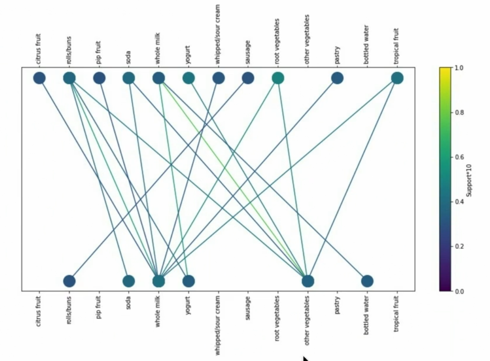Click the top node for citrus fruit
coord(39,78)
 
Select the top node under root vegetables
coord(278,78)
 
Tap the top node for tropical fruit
coord(397,78)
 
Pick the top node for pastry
coord(337,78)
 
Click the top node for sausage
coord(248,78)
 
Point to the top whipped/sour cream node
coord(218,78)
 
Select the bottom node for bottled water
coord(367,281)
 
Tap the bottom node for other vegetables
coord(308,281)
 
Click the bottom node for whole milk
coord(159,281)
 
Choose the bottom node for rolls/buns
coord(69,281)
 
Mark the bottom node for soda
coord(129,281)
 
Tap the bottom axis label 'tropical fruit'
coord(397,313)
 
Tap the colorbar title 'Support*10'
coord(469,179)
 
